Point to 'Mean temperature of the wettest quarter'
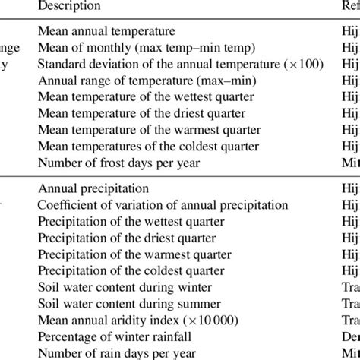click(142, 96)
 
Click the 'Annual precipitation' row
click(93, 188)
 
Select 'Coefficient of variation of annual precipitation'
click(163, 204)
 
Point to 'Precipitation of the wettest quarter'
click(131, 221)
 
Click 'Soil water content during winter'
click(125, 287)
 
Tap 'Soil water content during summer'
click(128, 304)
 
